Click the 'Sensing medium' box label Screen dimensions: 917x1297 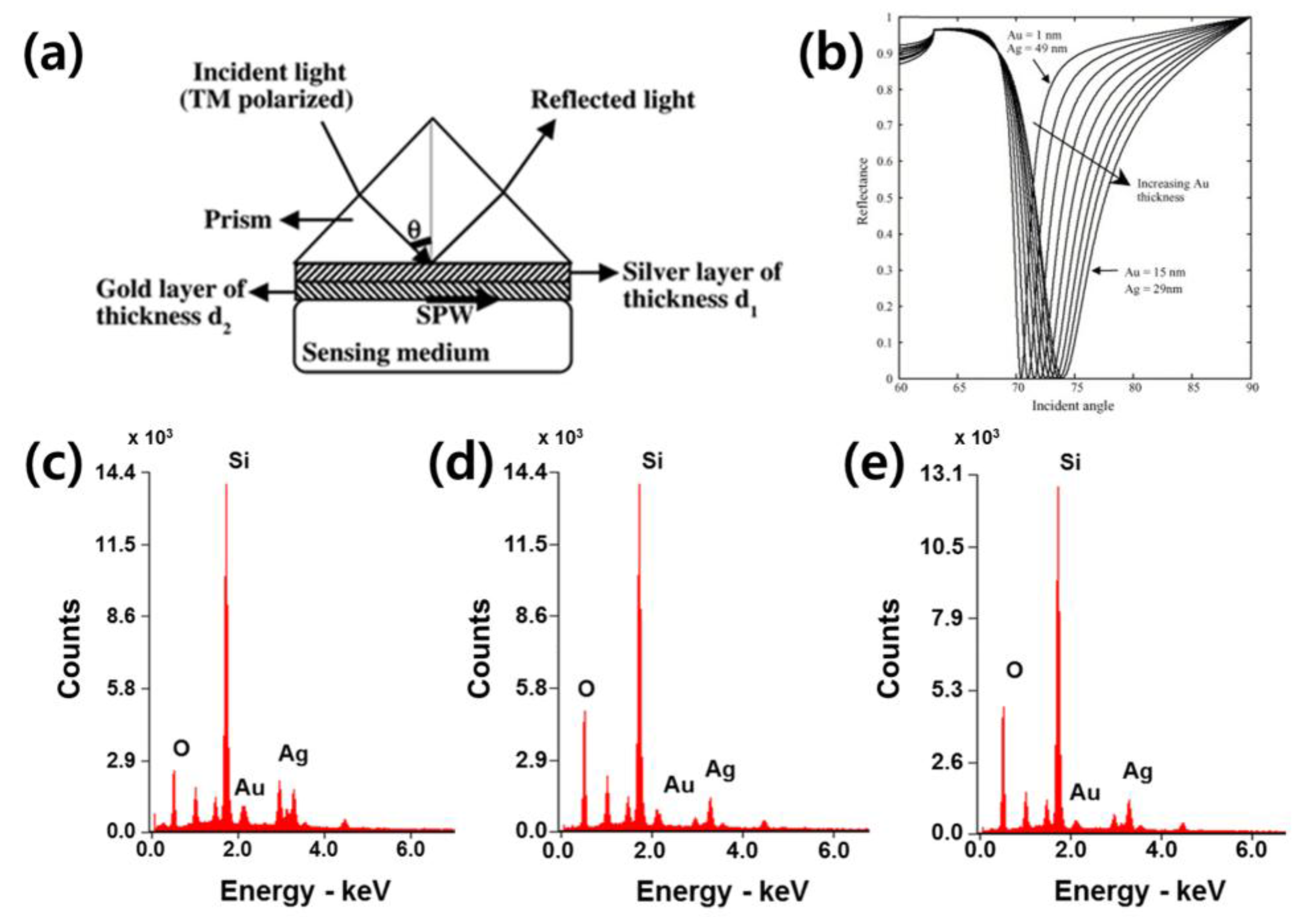pyautogui.click(x=396, y=353)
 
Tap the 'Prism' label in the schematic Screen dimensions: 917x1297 pyautogui.click(x=237, y=220)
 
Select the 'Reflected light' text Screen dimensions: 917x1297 pyautogui.click(x=613, y=100)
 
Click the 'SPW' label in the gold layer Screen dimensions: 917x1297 pyautogui.click(x=444, y=315)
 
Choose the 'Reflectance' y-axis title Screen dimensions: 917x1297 pyautogui.click(x=862, y=191)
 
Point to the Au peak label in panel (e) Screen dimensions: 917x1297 pyautogui.click(x=1085, y=793)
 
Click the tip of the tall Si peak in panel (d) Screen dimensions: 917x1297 pyautogui.click(x=639, y=485)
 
